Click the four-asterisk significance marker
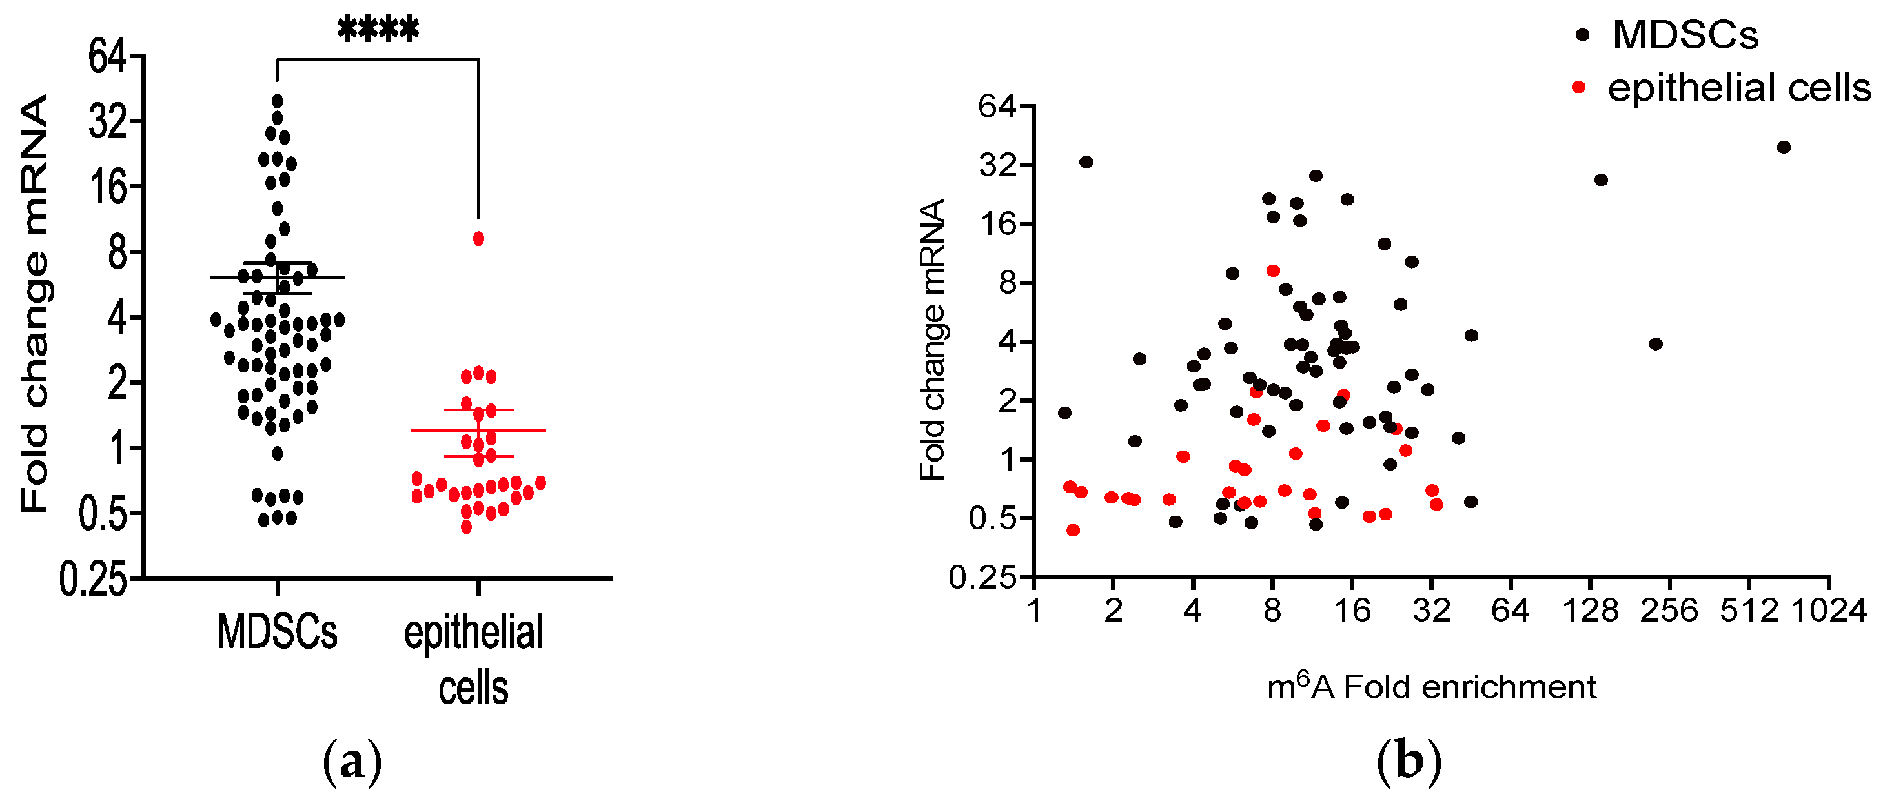point(378,30)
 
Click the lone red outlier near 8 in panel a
point(478,239)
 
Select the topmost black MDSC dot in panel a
point(277,101)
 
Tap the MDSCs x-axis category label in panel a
point(277,631)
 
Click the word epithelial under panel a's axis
point(473,633)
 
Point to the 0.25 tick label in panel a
point(93,580)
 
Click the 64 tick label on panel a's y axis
point(107,56)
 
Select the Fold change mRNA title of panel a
point(34,303)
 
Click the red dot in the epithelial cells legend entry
point(1578,88)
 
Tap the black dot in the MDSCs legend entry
point(1583,34)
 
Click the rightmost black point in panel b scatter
point(1784,148)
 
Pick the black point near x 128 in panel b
point(1601,179)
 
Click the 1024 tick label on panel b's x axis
point(1829,610)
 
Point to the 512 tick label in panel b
point(1749,610)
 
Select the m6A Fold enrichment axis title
point(1431,687)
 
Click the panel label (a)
point(352,762)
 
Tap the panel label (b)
point(1409,762)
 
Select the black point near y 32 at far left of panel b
point(1086,162)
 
